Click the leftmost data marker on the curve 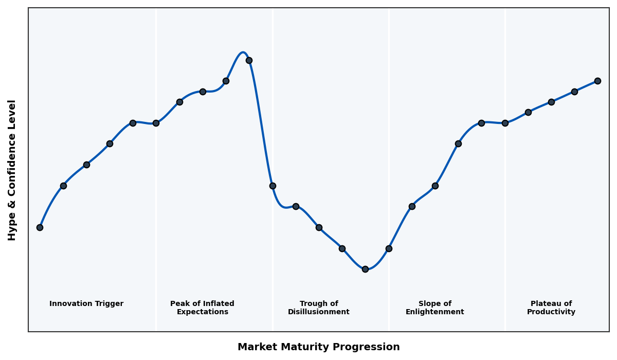click(x=40, y=227)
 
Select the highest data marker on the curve click(x=249, y=60)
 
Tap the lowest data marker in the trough click(x=365, y=269)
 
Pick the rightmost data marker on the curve click(x=597, y=81)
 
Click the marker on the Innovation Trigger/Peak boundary click(x=156, y=123)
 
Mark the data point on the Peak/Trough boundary click(x=273, y=186)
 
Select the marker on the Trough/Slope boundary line click(x=389, y=248)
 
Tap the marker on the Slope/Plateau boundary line click(x=505, y=123)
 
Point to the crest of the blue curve click(x=243, y=52)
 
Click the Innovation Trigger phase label click(x=86, y=304)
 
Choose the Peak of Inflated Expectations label click(x=202, y=308)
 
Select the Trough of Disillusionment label click(x=319, y=308)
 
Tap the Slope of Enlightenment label click(x=435, y=308)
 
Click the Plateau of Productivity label click(x=551, y=308)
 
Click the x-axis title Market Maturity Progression click(x=319, y=347)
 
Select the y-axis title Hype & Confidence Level click(x=12, y=170)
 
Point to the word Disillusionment click(x=319, y=312)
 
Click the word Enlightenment click(x=435, y=312)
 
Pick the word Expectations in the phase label click(x=202, y=312)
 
